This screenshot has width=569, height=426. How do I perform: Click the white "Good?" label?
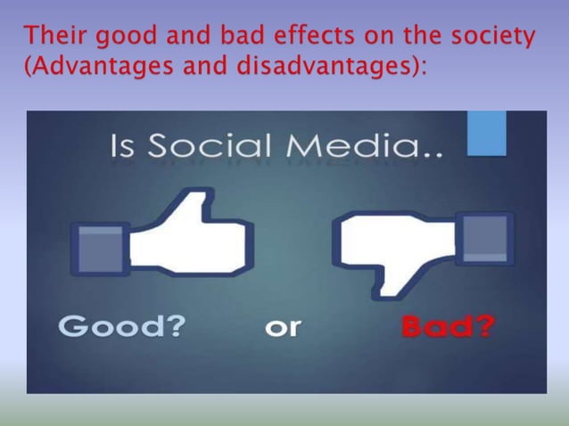pyautogui.click(x=122, y=327)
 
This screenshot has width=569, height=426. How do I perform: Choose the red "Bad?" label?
pyautogui.click(x=447, y=327)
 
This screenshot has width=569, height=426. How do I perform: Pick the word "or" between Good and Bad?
pyautogui.click(x=283, y=328)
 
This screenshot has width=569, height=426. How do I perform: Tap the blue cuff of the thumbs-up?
pyautogui.click(x=101, y=248)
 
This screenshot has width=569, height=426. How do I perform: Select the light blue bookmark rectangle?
pyautogui.click(x=487, y=132)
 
